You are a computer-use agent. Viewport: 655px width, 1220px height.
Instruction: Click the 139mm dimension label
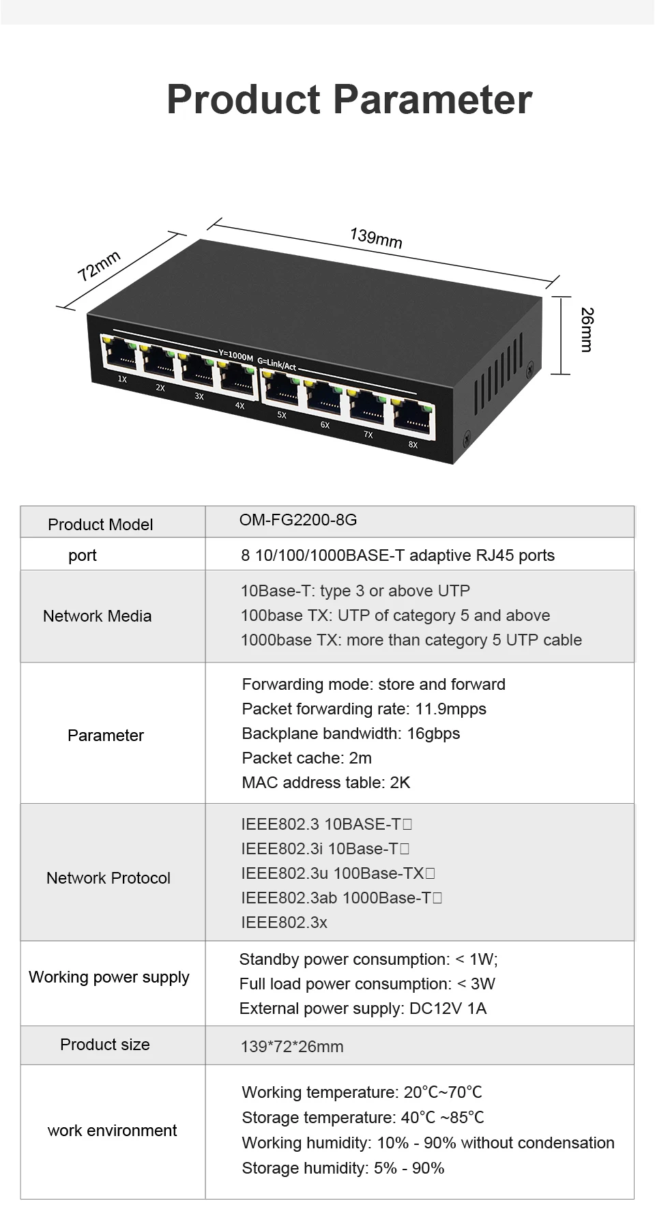376,238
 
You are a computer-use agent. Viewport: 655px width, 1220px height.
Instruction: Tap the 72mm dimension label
99,265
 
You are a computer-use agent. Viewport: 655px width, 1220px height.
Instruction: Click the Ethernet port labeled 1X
118,353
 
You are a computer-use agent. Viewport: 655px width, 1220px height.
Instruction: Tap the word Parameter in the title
433,100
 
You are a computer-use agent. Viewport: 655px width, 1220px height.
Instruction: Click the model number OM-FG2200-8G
298,520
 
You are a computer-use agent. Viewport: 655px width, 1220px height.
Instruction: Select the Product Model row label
100,525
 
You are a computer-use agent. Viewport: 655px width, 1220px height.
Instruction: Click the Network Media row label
97,616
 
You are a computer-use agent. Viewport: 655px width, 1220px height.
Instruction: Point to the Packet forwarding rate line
364,709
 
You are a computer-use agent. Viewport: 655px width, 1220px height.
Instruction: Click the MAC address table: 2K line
325,783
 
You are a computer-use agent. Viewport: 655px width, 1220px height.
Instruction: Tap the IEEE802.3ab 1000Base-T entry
340,898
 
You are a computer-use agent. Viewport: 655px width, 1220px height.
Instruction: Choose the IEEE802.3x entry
284,923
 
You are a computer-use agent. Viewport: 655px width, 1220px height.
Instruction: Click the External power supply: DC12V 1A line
362,1008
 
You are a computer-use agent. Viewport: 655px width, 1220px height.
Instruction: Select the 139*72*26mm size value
292,1047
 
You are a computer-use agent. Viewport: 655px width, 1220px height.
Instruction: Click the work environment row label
112,1131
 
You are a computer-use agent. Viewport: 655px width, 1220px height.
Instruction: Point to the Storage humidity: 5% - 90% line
343,1168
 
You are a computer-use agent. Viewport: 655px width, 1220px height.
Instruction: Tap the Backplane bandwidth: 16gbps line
351,734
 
